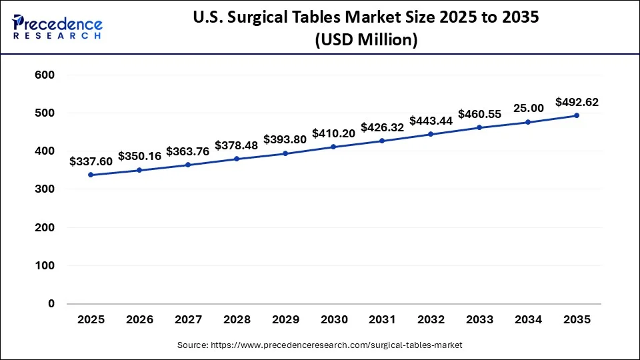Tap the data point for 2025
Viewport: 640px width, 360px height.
[91, 175]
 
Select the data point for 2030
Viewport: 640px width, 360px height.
[333, 147]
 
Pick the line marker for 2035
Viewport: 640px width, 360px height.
[577, 115]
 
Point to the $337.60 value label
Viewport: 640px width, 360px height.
[91, 161]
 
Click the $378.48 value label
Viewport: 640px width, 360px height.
[236, 145]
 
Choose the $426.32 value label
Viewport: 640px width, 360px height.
[382, 127]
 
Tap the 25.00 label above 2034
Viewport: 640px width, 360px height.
[528, 108]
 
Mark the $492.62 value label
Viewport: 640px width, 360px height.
[577, 103]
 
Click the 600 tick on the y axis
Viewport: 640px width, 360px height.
[45, 75]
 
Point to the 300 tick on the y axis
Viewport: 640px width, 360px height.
[45, 189]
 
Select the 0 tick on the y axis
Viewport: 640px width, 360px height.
[51, 304]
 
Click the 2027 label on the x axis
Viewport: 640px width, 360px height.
[188, 320]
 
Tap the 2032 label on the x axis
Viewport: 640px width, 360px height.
[431, 320]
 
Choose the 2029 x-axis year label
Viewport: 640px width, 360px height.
[285, 320]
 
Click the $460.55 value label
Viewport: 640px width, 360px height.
[479, 114]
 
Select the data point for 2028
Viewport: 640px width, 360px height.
[237, 159]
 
